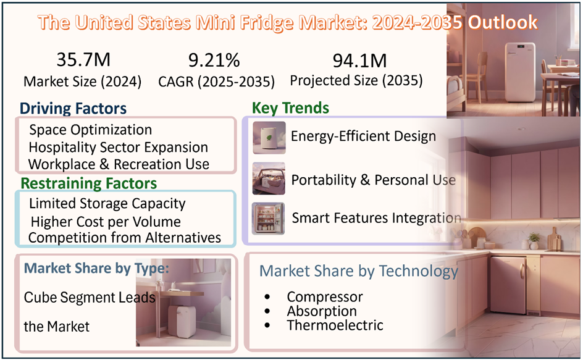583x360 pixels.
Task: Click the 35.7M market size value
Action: tap(83, 60)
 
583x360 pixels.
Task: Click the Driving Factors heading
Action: tap(73, 109)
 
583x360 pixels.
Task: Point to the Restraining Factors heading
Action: tap(88, 183)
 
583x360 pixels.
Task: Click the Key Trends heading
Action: tap(290, 108)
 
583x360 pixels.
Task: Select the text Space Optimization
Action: tap(90, 130)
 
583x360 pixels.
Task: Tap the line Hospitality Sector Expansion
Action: tap(118, 148)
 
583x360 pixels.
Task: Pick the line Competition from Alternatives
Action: tap(124, 237)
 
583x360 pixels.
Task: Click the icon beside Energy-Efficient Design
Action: tap(269, 137)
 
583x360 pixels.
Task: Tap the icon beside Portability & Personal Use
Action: tap(269, 179)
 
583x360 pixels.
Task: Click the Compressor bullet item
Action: tap(324, 297)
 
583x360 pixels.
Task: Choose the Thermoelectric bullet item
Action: tap(335, 325)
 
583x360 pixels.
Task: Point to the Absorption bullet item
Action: tap(322, 311)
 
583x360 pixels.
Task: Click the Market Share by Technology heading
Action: tap(358, 271)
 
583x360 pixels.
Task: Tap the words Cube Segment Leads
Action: tap(90, 297)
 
